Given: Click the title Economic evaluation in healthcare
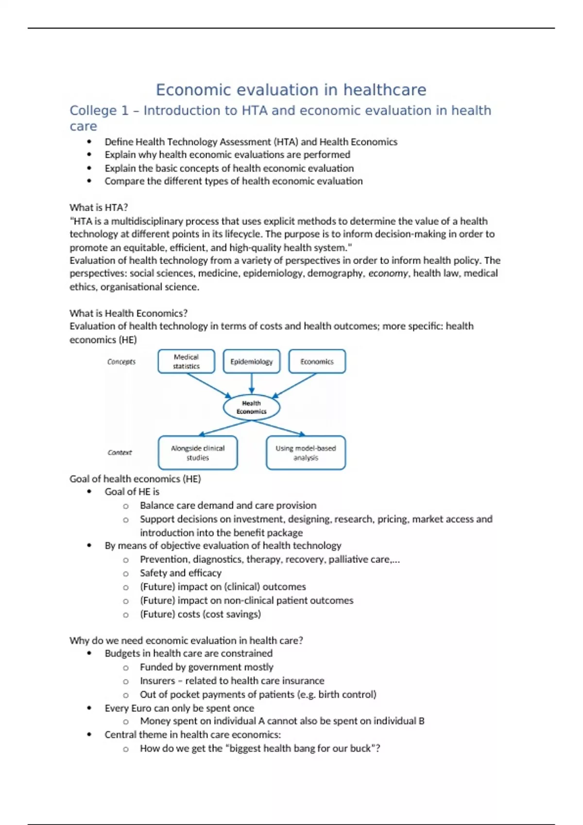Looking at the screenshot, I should (291, 90).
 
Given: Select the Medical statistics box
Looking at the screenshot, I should (186, 362).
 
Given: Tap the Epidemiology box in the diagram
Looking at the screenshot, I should (251, 362).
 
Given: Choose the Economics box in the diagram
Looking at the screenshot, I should (317, 362).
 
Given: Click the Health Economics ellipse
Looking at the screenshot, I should (251, 407).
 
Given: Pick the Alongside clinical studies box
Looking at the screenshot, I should (198, 453).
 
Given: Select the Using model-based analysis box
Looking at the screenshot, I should (306, 453).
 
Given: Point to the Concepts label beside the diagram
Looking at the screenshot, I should (121, 362).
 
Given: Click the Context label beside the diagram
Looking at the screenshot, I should (120, 452).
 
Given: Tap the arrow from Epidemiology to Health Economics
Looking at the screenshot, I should (251, 383).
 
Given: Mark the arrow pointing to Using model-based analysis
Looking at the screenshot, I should (279, 428).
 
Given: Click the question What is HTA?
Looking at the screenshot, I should (99, 207).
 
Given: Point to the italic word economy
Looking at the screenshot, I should (388, 273).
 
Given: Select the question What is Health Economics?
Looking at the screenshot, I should (128, 313).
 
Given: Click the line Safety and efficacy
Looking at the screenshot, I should (180, 573).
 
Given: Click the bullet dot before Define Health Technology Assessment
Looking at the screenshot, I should (89, 142).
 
